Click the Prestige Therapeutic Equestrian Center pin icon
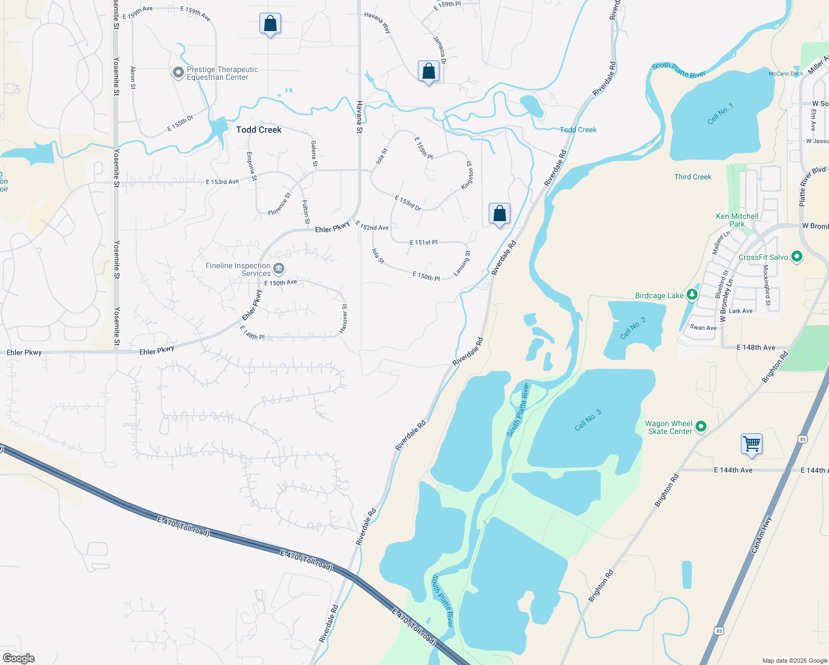(x=178, y=73)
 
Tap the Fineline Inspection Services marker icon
(x=279, y=269)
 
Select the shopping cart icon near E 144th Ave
(x=751, y=444)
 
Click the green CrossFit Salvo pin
(x=797, y=257)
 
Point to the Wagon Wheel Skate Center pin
(x=701, y=427)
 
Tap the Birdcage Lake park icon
(x=692, y=295)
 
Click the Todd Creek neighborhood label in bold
(x=259, y=130)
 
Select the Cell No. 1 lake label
(x=720, y=114)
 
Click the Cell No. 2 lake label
(x=633, y=328)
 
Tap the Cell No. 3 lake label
(x=587, y=420)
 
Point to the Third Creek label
(x=693, y=177)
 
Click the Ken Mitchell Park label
(x=737, y=220)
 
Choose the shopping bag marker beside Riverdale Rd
(x=499, y=213)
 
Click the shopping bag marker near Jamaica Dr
(x=428, y=71)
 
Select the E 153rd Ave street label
(x=222, y=182)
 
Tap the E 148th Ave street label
(x=756, y=347)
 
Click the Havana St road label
(x=359, y=117)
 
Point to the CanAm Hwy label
(x=761, y=535)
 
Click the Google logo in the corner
(x=19, y=658)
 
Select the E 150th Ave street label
(x=280, y=283)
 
